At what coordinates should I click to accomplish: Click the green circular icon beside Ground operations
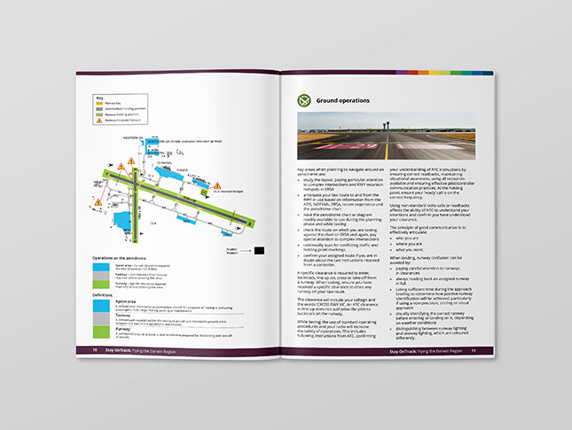coord(306,99)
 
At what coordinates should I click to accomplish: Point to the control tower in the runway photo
coord(388,125)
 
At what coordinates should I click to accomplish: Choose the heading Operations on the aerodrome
coord(126,257)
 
